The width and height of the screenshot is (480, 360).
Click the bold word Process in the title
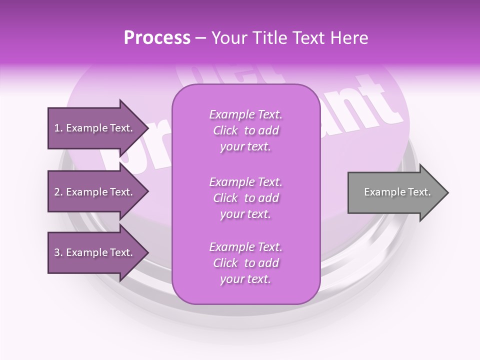(x=157, y=37)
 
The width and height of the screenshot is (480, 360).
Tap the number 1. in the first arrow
(x=58, y=128)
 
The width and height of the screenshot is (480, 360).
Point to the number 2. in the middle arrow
(x=58, y=192)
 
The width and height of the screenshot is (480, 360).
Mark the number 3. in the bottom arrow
(x=58, y=252)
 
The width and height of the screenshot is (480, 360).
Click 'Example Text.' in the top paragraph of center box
(x=245, y=114)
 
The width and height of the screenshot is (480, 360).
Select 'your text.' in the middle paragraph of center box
(x=245, y=214)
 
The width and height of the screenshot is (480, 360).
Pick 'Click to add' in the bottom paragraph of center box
(x=245, y=263)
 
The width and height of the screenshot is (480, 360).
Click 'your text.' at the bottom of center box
(x=245, y=279)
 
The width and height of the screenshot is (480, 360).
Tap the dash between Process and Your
(x=201, y=38)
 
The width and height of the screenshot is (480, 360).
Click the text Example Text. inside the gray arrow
(x=397, y=192)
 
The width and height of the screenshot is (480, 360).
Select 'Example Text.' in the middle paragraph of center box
(x=245, y=181)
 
